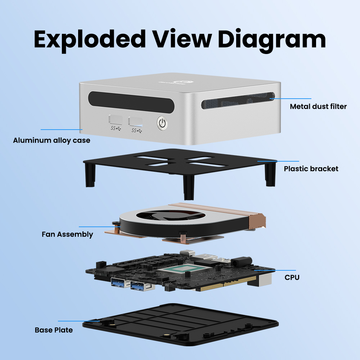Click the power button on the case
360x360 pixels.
tap(162, 123)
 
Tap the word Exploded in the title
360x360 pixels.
tap(90, 39)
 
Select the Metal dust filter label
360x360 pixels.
tap(318, 107)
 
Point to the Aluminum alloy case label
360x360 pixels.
tap(51, 140)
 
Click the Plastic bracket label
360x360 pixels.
tap(311, 169)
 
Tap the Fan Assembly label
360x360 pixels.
tap(67, 234)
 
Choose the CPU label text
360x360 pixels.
tap(292, 277)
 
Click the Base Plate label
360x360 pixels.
tap(54, 330)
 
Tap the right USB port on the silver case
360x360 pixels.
tap(135, 121)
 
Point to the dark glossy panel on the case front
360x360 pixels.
tap(131, 102)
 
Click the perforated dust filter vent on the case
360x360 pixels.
tap(238, 100)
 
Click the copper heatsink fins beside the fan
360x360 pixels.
tap(218, 211)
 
